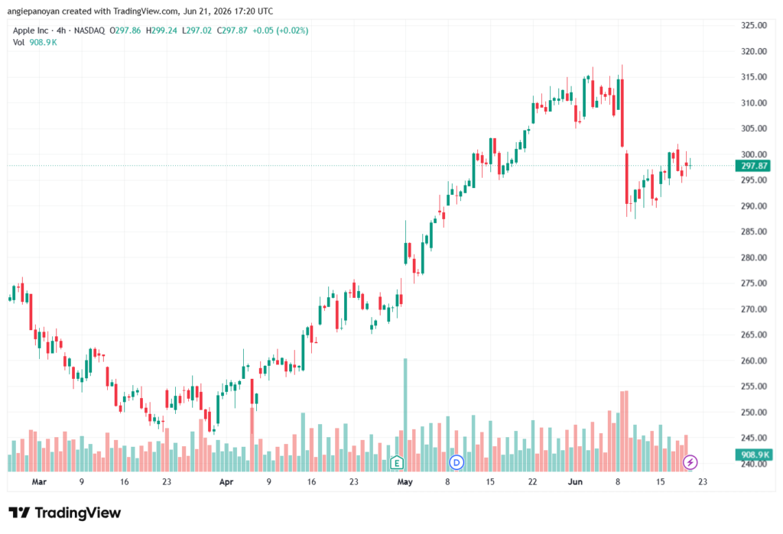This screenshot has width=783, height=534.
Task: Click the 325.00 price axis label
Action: [x=753, y=25]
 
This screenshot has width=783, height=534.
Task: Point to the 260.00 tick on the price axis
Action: [x=753, y=361]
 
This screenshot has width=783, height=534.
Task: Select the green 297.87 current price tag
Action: [x=753, y=166]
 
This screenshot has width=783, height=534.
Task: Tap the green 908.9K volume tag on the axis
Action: [x=753, y=455]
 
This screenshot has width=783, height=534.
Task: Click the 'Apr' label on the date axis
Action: [x=226, y=481]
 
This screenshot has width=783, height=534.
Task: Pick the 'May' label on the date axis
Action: [x=404, y=481]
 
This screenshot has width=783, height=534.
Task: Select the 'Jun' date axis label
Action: [x=575, y=481]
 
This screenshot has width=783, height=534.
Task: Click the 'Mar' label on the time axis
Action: [x=39, y=481]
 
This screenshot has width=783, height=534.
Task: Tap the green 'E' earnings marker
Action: [x=397, y=463]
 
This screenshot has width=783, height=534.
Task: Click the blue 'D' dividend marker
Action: [x=456, y=463]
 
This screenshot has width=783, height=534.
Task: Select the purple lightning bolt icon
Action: [x=690, y=463]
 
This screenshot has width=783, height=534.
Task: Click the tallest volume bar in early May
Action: [x=405, y=415]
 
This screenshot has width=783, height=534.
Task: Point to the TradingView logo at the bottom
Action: [x=65, y=513]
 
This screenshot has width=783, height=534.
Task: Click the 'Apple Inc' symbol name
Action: [x=31, y=31]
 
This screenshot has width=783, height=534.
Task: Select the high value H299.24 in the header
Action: [x=161, y=31]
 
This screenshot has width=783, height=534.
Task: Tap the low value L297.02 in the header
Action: [x=197, y=31]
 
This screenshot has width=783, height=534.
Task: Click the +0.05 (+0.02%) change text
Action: [x=280, y=31]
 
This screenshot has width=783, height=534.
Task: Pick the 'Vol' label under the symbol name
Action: [x=18, y=43]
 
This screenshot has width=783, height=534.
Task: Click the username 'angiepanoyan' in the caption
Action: [x=34, y=11]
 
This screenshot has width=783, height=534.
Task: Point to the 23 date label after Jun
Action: [x=703, y=481]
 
